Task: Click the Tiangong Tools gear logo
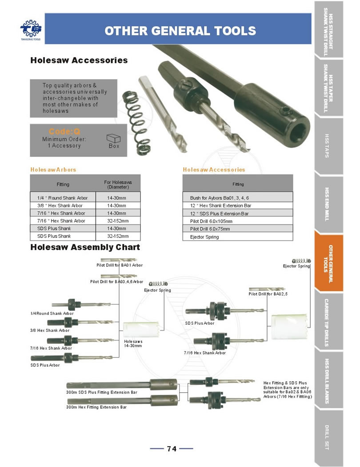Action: pos(30,28)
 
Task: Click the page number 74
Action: pos(172,449)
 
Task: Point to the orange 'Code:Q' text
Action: pos(64,131)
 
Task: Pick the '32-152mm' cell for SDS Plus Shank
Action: pos(118,236)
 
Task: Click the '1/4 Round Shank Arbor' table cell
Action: pos(63,197)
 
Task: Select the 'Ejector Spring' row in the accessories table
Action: pos(238,237)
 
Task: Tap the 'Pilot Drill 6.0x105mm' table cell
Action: pos(238,221)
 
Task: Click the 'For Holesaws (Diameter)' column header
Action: pos(118,184)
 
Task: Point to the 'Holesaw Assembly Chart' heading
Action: pos(85,247)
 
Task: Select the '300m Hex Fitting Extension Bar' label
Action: pos(96,407)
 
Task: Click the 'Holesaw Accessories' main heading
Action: pos(79,60)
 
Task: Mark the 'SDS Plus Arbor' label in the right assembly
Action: pos(200,323)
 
